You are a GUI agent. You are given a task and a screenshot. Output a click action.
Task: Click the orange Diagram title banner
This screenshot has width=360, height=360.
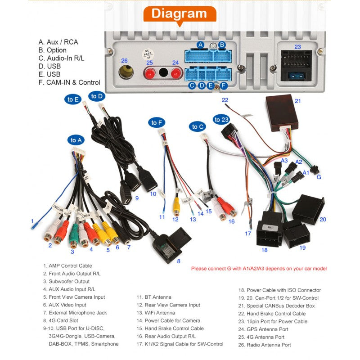coord(179,13)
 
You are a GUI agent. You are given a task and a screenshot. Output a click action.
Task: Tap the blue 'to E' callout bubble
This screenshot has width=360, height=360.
coord(73,99)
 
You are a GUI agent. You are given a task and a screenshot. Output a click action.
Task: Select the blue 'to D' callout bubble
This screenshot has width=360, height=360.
coord(97,96)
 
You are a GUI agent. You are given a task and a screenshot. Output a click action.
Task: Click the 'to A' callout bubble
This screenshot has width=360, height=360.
coord(76,140)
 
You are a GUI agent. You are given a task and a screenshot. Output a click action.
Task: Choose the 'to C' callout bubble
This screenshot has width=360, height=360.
coord(198,127)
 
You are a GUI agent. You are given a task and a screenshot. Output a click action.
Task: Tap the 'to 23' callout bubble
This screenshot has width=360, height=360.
coord(221,120)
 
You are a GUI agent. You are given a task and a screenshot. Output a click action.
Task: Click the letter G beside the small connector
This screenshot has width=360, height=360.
coord(319,177)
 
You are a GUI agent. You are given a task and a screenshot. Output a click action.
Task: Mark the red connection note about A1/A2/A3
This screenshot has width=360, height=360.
coord(259,269)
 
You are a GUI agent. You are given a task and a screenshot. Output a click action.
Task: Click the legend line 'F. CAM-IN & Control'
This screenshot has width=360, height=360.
coord(69,82)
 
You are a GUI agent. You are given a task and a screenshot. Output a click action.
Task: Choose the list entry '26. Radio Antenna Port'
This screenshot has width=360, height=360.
coord(265,345)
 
